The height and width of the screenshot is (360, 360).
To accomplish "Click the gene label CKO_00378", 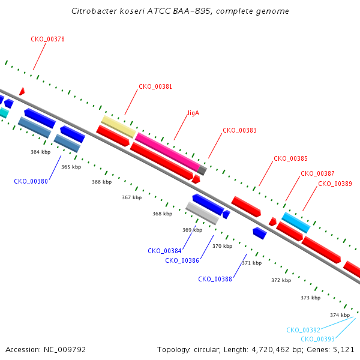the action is click(47, 39).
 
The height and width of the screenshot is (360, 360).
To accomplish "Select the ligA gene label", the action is click(194, 113).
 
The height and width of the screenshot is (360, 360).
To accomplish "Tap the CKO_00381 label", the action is click(155, 86).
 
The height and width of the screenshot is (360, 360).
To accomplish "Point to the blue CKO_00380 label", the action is click(31, 181).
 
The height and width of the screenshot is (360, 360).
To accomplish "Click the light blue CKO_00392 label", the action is click(303, 330).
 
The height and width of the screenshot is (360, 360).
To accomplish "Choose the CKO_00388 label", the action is click(215, 279).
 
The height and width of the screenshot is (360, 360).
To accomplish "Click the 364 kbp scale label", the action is click(41, 152).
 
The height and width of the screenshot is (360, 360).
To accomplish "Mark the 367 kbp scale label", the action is click(132, 197).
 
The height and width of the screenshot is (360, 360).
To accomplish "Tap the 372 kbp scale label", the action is click(281, 280).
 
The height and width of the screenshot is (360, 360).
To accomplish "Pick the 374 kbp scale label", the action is click(340, 315).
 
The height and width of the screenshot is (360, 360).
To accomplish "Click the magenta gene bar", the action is click(167, 152).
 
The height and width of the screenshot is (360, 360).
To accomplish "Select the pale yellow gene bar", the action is click(119, 127).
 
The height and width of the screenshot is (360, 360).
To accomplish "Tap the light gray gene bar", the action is click(202, 213).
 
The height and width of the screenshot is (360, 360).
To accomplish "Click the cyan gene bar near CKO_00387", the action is click(296, 223).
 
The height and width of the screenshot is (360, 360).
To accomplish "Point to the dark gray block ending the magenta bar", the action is click(202, 170).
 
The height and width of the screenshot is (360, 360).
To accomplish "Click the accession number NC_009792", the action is click(65, 350).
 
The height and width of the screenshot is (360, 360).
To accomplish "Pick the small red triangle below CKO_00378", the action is click(22, 91).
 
